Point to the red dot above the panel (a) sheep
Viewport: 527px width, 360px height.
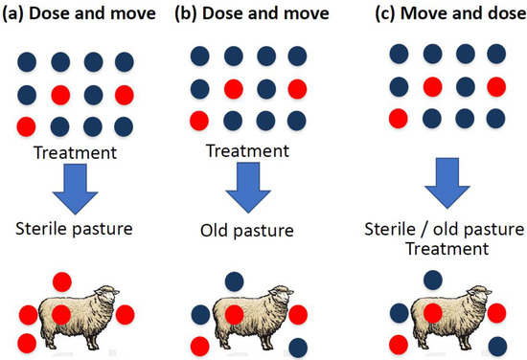tap(62, 280)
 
